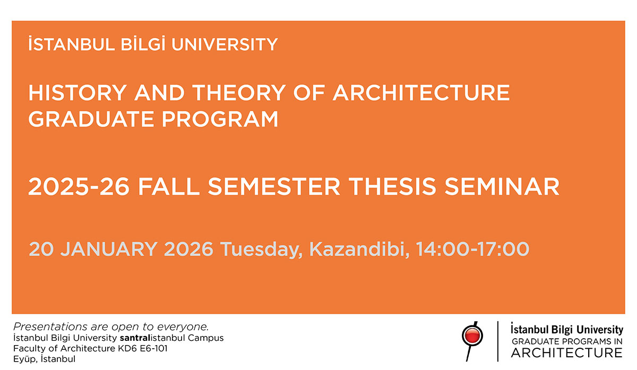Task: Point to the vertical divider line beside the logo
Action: (497, 341)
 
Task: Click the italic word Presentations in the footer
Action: (46, 327)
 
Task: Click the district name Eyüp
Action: (25, 359)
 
